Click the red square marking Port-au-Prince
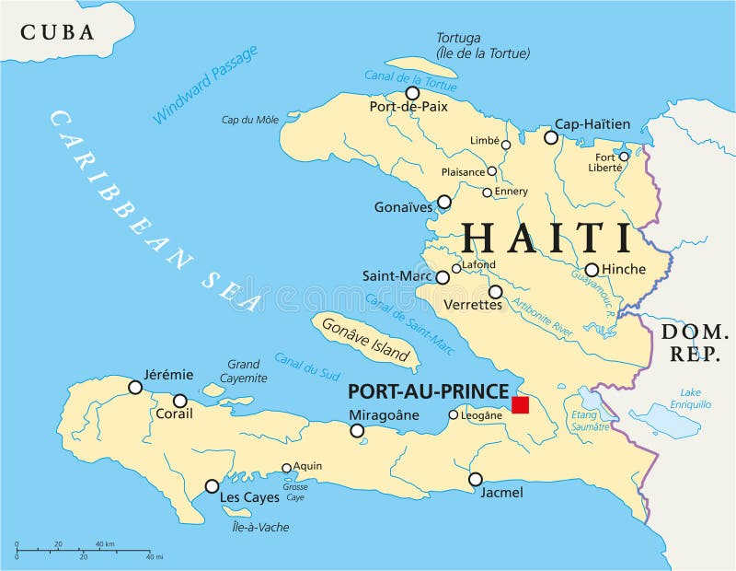pos(521,405)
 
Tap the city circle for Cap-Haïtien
pos(551,137)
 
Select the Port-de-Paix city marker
pos(412,93)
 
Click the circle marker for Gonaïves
pos(444,202)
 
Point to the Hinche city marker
pos(592,270)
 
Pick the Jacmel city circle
pos(476,479)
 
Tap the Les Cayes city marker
pos(213,486)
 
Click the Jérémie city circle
pos(135,388)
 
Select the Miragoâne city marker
pos(357,430)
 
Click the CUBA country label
pos(57,32)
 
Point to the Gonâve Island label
pos(366,341)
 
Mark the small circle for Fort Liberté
pos(623,157)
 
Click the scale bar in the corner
pos(83,551)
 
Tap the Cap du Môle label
pos(249,120)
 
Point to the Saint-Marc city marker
pos(443,277)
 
